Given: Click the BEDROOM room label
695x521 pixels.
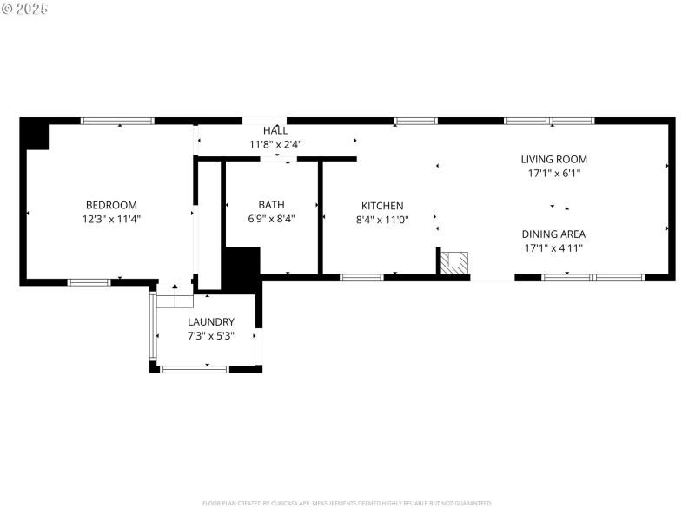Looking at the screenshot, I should [x=111, y=205].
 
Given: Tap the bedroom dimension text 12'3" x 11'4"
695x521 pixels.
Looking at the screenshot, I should [x=111, y=220].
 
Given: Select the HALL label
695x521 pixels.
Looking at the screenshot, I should [x=275, y=131].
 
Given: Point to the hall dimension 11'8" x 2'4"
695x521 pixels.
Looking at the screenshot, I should [x=275, y=145].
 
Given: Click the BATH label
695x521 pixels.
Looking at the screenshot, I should [x=271, y=205].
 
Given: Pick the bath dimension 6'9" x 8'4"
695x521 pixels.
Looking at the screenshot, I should [x=271, y=220].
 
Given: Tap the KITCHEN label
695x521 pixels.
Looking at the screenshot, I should [x=382, y=206].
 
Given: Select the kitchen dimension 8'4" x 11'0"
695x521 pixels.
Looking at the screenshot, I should [x=382, y=221].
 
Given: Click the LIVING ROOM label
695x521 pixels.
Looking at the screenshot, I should [x=553, y=159].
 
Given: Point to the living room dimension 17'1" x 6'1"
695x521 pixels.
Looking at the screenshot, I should [x=553, y=174].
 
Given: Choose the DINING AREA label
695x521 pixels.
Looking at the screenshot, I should [x=553, y=234].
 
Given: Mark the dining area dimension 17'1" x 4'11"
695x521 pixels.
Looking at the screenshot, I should [x=553, y=248].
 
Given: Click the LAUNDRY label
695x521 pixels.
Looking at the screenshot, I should [x=211, y=321].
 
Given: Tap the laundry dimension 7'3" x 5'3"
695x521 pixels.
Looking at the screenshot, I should [x=211, y=335].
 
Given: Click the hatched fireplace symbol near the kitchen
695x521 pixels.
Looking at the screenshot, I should [x=455, y=260].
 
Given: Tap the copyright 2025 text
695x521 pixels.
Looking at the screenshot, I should [x=25, y=9].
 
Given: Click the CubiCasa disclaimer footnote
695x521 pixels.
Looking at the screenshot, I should [x=347, y=503].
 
